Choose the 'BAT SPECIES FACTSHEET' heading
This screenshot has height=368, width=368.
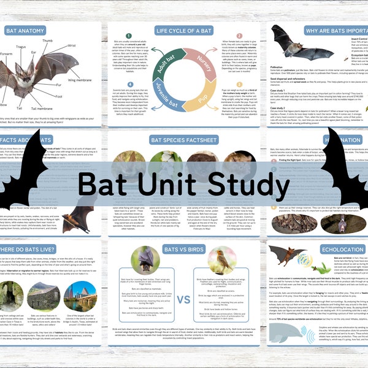click(x=183, y=140)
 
